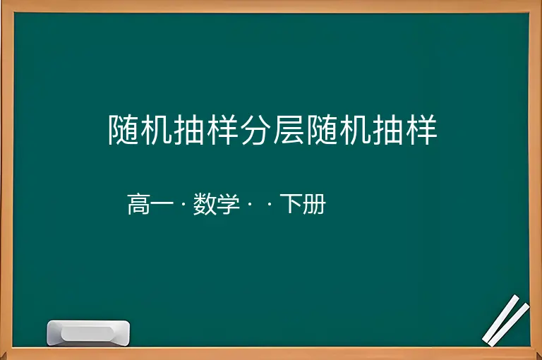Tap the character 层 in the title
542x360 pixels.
pyautogui.click(x=289, y=130)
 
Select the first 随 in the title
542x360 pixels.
pyautogui.click(x=124, y=130)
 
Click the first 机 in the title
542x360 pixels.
pyautogui.click(x=157, y=130)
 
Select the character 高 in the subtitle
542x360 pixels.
pyautogui.click(x=138, y=204)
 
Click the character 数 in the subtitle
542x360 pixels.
pyautogui.click(x=205, y=204)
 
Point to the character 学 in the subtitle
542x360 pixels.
pyautogui.click(x=228, y=204)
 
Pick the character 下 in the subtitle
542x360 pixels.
pyautogui.click(x=291, y=204)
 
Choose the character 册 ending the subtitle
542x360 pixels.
pyautogui.click(x=314, y=204)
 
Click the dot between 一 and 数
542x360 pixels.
pyautogui.click(x=183, y=205)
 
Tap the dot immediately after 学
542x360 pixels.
pyautogui.click(x=250, y=205)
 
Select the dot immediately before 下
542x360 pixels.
pyautogui.click(x=270, y=205)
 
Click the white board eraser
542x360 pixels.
pyautogui.click(x=88, y=332)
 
